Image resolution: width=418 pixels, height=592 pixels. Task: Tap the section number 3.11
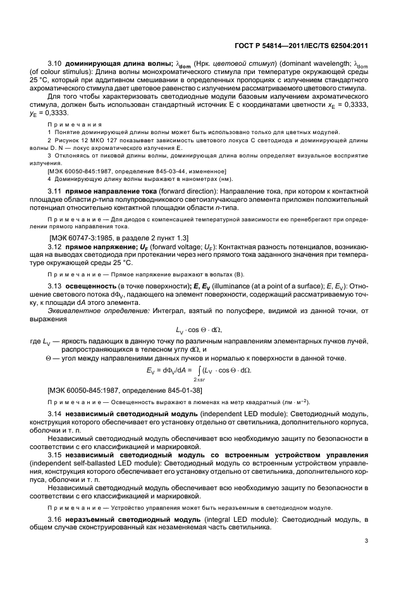pos(56,208)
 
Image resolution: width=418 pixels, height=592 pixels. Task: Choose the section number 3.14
pos(56,413)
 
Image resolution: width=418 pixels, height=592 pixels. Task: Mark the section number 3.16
pos(56,519)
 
